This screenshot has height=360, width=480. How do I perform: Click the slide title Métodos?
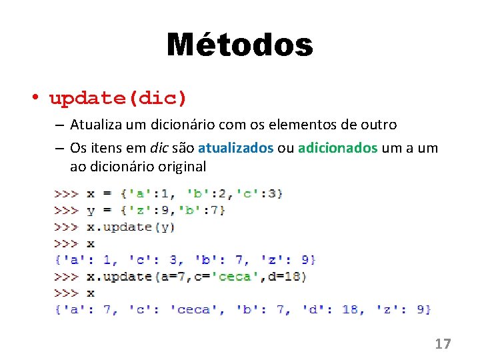click(239, 45)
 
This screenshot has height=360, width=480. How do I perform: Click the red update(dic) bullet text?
click(118, 99)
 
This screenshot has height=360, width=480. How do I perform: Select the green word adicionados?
click(337, 147)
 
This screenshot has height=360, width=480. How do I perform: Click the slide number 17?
click(443, 344)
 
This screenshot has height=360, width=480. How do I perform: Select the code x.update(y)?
click(131, 227)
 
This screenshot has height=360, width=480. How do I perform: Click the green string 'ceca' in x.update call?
click(234, 276)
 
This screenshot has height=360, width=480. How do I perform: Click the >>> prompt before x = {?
click(67, 193)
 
